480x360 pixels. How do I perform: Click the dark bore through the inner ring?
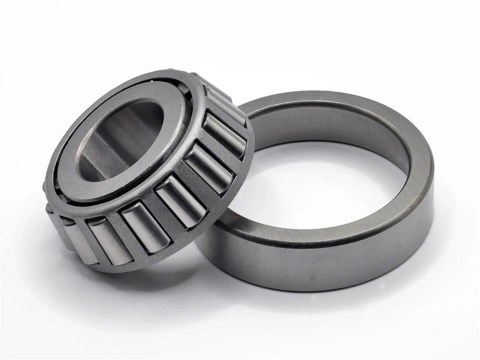click(x=120, y=135)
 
